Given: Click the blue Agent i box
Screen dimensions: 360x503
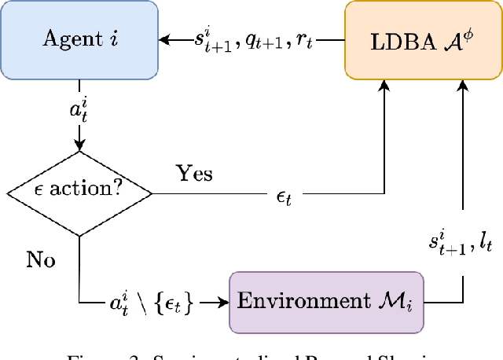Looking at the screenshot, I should tap(79, 39).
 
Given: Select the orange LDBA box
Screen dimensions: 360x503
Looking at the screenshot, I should tap(423, 39).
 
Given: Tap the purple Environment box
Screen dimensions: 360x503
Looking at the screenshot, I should tap(326, 301).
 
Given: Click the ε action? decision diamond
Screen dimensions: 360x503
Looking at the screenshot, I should tap(79, 190).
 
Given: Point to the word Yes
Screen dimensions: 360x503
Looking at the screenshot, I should tap(193, 172).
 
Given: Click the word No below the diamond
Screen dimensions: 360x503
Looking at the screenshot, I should tap(40, 259).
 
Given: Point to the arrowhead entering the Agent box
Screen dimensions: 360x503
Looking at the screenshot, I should tap(164, 39).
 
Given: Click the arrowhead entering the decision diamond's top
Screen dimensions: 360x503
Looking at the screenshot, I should tap(79, 147).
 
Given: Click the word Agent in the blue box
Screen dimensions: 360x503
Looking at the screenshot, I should tap(65, 39).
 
